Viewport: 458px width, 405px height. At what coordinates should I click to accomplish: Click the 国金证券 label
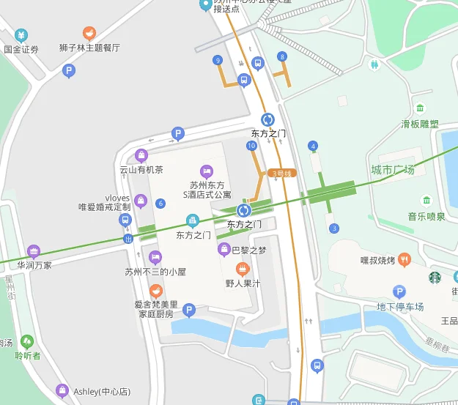21,50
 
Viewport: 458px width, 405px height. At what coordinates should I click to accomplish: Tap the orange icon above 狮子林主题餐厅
89,33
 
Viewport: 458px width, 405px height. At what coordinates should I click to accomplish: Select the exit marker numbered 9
217,60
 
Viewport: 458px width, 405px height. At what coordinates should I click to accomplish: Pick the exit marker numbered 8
281,56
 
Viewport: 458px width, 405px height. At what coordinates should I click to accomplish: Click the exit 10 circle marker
251,146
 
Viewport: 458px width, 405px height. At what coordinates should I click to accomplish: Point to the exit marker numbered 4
313,146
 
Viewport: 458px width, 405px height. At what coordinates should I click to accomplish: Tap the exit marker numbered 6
160,204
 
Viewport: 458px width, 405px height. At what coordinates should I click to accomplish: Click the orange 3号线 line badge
281,174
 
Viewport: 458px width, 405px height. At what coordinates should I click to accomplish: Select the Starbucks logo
435,278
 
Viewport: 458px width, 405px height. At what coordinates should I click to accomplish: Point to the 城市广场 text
393,170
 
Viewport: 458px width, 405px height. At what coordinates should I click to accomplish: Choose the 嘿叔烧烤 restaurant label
378,260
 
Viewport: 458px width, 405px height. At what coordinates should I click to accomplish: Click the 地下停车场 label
400,306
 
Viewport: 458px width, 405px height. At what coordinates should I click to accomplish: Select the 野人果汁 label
243,283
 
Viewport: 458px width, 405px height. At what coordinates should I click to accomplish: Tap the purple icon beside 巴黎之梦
224,250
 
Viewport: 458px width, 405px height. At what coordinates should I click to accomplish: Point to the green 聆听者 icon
27,341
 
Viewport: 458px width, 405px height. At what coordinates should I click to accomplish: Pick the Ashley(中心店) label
101,391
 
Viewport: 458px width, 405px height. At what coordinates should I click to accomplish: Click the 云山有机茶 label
141,170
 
